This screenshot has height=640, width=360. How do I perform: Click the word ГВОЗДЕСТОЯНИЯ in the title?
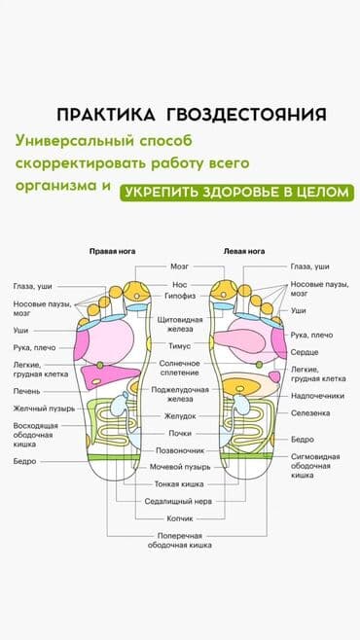pos(246,114)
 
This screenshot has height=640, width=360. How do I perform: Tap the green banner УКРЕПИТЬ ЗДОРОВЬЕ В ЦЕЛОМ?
pos(234,192)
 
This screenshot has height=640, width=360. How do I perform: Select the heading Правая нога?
pos(113,251)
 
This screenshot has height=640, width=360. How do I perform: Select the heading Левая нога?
pos(244,251)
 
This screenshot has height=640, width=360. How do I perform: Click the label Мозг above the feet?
pos(179,266)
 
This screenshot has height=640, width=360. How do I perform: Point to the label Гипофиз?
pos(179,297)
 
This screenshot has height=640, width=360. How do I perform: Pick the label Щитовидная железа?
pos(179,324)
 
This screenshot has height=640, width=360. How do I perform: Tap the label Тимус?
pos(179,345)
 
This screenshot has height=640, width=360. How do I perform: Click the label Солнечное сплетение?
pos(179,367)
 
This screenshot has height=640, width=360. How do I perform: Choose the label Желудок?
pos(179,415)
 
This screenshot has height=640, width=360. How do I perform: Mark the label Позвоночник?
pos(179,450)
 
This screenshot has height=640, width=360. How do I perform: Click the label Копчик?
pos(179,518)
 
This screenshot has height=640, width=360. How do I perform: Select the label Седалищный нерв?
pos(179,501)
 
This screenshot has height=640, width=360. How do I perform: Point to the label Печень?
pos(26,391)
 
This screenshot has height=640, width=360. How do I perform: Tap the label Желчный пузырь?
pos(43,409)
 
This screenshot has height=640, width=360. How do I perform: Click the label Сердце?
pos(305,352)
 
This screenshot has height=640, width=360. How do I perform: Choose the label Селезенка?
pos(310,413)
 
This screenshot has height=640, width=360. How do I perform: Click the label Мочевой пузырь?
pos(179,467)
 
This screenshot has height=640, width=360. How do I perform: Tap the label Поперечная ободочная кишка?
pos(179,541)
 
